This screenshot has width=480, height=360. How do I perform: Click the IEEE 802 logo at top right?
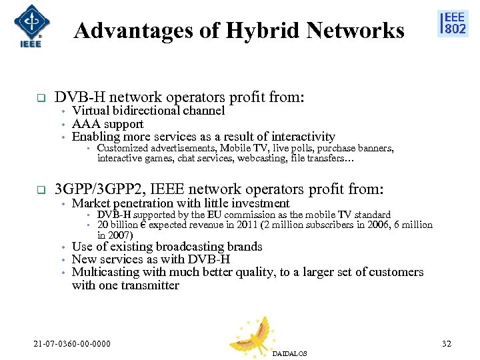(x=452, y=23)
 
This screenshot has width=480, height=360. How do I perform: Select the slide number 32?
(x=447, y=345)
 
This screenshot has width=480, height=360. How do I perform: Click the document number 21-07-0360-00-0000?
(x=72, y=345)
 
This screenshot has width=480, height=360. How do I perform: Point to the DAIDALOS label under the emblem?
(x=289, y=353)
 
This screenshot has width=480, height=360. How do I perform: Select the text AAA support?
(x=107, y=124)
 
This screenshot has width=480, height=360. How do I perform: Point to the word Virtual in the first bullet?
(x=90, y=111)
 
